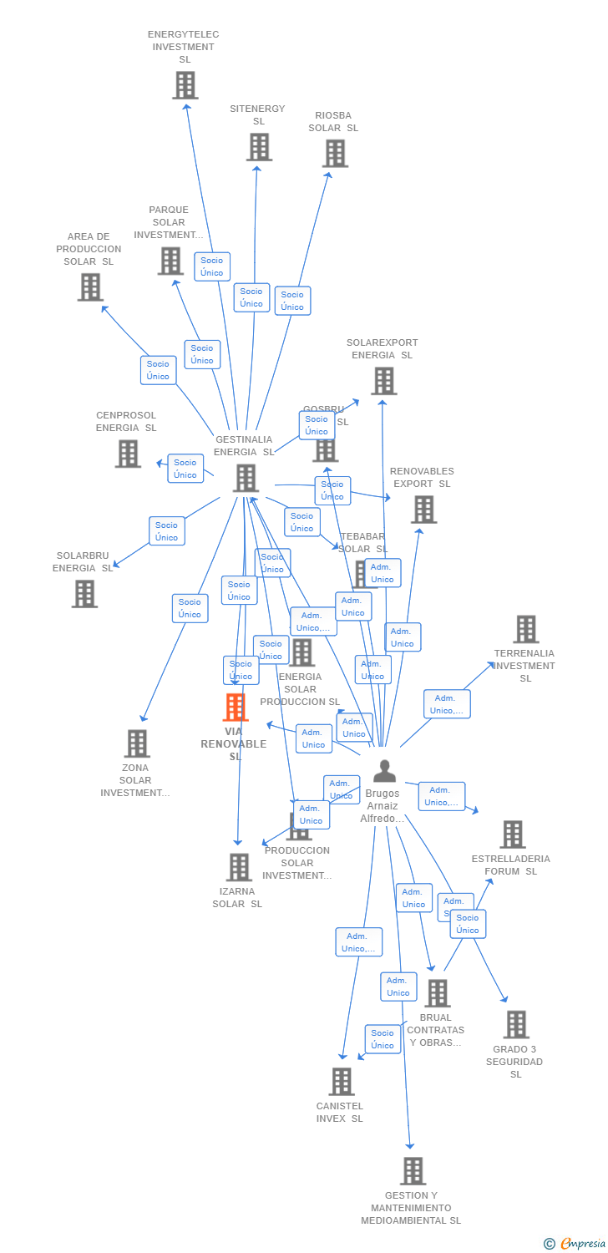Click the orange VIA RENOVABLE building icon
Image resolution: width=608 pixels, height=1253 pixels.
tap(236, 708)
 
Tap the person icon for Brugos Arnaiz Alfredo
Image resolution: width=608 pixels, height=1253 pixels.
tap(384, 771)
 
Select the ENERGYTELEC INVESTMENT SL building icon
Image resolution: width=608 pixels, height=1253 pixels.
tap(185, 85)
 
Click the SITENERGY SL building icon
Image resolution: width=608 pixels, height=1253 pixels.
tap(259, 147)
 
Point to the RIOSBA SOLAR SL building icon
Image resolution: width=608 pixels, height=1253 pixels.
tap(334, 154)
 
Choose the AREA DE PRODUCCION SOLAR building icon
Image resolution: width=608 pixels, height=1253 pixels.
tap(89, 287)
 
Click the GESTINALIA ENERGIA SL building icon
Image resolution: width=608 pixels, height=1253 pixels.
tap(246, 479)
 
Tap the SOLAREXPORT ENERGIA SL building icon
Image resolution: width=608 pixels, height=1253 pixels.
tap(383, 381)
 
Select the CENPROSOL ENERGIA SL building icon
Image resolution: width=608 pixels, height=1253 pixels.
tap(127, 454)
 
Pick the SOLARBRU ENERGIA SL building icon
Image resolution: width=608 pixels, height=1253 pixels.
tap(84, 594)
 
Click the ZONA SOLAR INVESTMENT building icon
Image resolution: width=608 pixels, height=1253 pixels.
tap(136, 743)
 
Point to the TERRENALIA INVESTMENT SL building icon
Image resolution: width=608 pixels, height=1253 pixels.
tap(525, 629)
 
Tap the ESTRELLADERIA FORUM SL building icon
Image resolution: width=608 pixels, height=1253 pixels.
tap(512, 834)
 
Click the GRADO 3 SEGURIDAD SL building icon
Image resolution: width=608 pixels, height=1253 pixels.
tap(515, 1025)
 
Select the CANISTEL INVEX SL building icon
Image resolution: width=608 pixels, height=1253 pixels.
tap(341, 1082)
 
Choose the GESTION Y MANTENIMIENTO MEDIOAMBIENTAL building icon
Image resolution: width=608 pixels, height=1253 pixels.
tap(412, 1171)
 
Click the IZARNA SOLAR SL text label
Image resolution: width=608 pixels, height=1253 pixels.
tap(237, 897)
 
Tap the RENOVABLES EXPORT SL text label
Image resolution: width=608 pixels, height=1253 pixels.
tap(422, 478)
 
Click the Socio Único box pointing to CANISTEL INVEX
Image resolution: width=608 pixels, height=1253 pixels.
tap(383, 1039)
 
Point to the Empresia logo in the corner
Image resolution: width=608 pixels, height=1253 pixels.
tap(576, 1244)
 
